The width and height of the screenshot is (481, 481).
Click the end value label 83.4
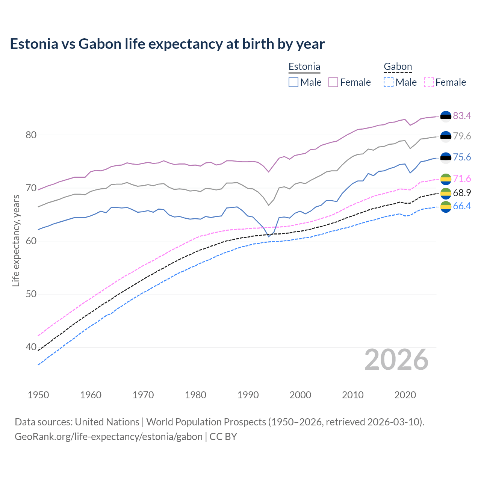point(462,116)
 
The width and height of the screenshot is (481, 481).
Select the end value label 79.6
point(462,136)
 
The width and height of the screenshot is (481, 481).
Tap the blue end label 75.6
point(462,157)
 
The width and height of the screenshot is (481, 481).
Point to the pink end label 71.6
point(462,179)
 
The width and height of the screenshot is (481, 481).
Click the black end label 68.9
point(462,193)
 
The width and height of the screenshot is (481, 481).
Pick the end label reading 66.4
point(462,206)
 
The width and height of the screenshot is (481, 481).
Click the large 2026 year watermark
point(396,360)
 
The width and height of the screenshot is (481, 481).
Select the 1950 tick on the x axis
point(38,395)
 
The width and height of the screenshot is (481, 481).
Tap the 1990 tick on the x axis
point(248,395)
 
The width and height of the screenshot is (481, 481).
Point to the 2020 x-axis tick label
point(405,395)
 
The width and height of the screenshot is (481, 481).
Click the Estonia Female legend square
point(333,82)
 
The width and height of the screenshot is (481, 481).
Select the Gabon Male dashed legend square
point(389,82)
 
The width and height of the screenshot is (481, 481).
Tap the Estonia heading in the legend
point(304,67)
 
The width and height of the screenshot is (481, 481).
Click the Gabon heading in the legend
point(398,67)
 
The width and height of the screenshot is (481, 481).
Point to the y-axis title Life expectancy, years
point(16,240)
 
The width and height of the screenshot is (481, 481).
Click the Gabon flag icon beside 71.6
point(445,179)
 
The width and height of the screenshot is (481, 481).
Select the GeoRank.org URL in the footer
point(108,437)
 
